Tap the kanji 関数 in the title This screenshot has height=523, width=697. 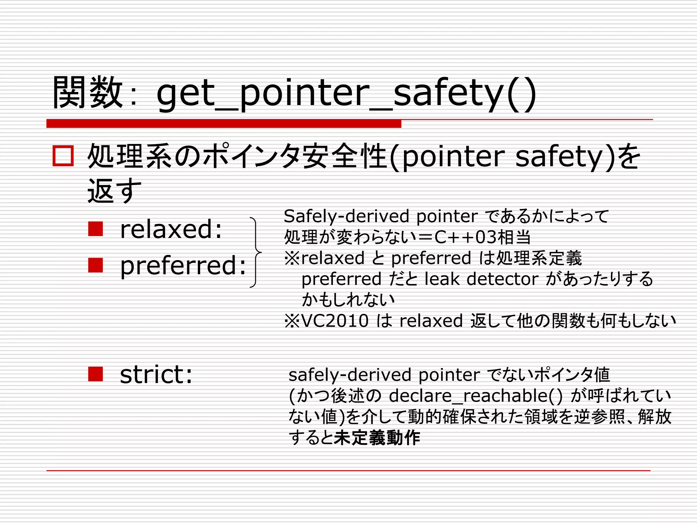[88, 93]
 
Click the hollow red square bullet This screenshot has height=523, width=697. [63, 156]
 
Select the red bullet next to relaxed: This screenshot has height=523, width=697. [95, 229]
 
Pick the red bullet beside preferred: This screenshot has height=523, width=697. [95, 265]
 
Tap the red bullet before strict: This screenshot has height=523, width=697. [95, 374]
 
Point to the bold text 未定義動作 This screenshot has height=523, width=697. [377, 438]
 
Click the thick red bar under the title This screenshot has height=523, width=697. [224, 124]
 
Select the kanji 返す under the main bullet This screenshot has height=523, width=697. [114, 191]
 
